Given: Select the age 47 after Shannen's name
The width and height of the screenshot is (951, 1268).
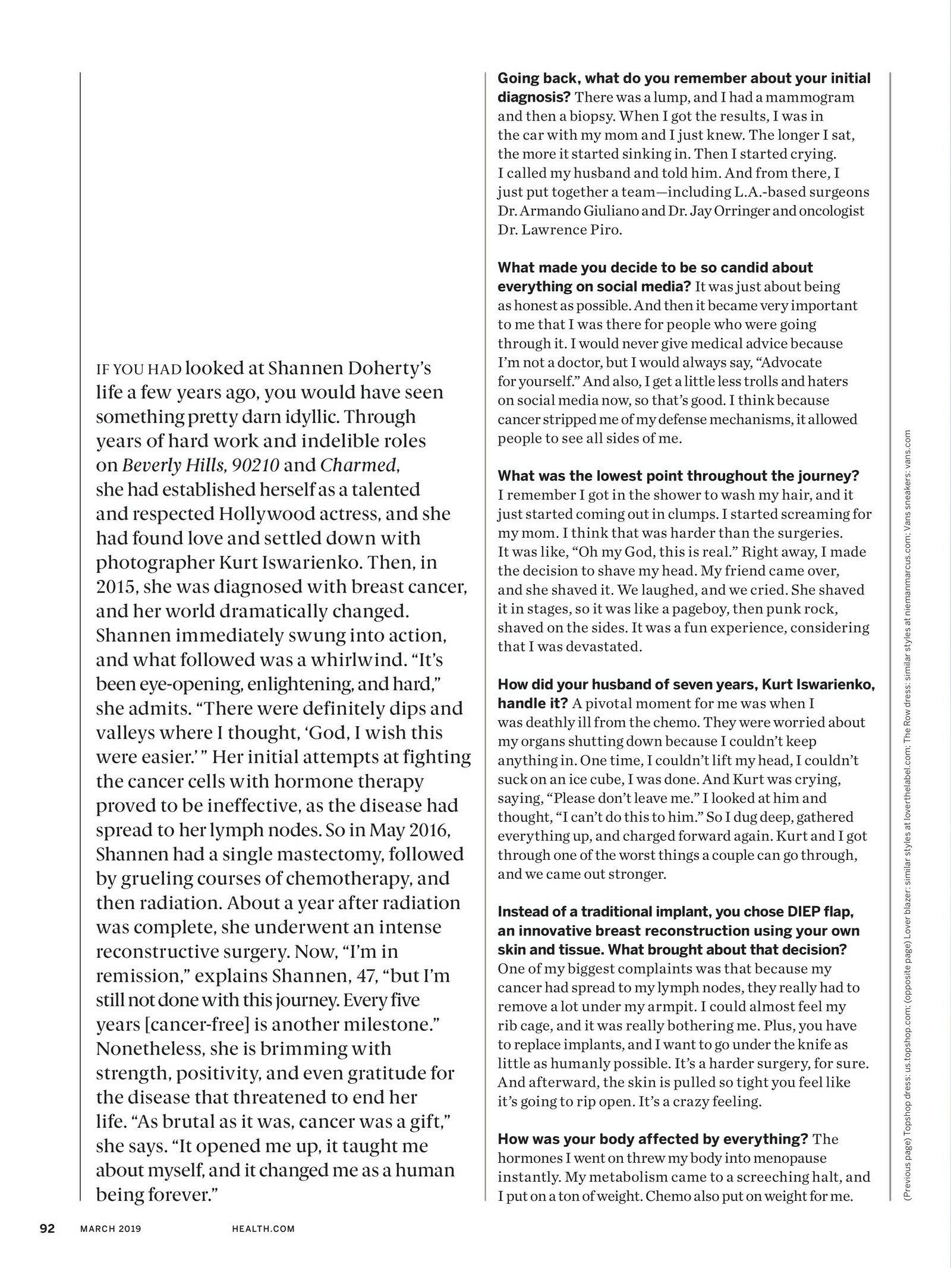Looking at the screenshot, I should pyautogui.click(x=353, y=976).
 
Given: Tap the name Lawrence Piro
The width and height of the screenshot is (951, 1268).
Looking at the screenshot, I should pyautogui.click(x=571, y=230).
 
